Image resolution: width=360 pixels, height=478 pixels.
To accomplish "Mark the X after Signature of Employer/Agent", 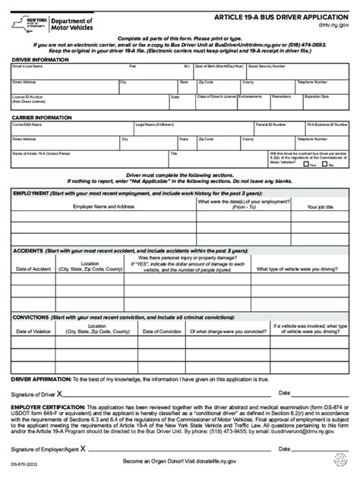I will [81, 449].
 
